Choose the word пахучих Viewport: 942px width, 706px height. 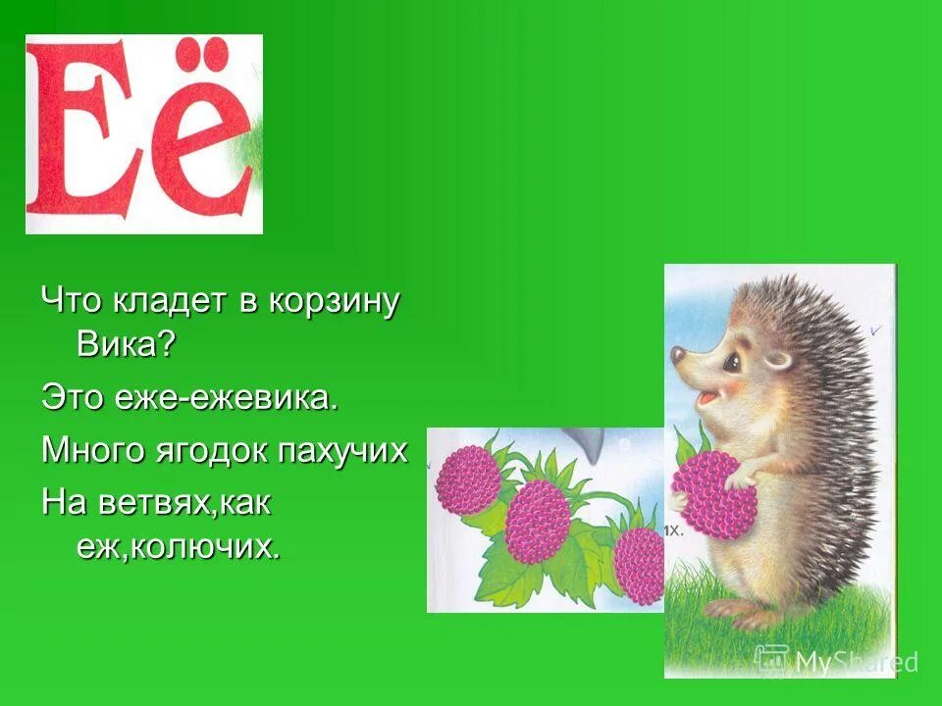(x=343, y=451)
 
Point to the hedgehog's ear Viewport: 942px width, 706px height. (x=777, y=357)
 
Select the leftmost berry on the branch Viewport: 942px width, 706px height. (x=467, y=479)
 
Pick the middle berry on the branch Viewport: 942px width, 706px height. (x=538, y=521)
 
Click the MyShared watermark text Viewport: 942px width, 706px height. (x=854, y=662)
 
